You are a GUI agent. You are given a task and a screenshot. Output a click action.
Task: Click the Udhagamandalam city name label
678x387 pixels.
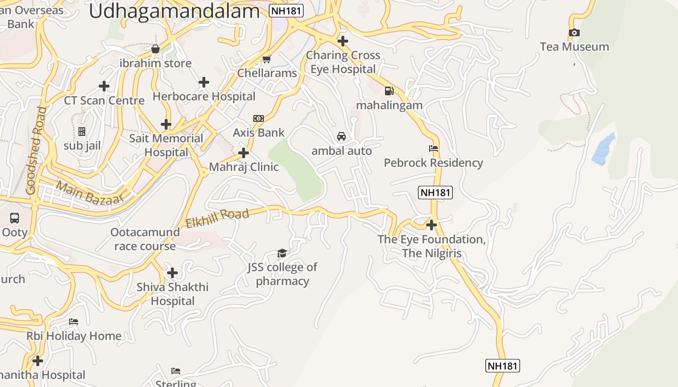174,11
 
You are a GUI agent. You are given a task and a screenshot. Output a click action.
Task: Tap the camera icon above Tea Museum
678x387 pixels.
574,33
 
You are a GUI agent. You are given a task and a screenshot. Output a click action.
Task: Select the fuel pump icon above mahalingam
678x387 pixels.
389,91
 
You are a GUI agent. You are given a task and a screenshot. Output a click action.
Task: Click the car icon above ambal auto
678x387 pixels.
341,136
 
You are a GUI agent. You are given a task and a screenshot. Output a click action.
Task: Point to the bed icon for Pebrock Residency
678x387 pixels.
433,149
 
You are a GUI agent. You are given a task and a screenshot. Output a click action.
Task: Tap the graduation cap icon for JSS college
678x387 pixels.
282,253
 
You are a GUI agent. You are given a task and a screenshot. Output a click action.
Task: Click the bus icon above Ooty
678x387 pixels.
15,218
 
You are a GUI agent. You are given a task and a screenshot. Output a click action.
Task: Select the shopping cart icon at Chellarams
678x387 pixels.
266,59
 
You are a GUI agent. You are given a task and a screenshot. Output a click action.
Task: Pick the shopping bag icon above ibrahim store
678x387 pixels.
155,49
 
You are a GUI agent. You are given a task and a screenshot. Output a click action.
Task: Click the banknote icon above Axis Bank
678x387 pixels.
259,119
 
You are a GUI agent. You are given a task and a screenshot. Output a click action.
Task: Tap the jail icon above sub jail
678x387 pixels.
82,132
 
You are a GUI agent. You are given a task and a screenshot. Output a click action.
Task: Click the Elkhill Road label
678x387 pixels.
217,218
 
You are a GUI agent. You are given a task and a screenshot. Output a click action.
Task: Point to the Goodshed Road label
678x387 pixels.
37,151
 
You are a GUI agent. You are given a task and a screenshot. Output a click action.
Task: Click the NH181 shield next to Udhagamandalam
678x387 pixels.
286,11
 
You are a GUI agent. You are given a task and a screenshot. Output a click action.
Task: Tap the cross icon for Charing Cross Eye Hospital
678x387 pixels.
343,41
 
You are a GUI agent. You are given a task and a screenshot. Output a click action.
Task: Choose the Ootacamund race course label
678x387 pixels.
145,239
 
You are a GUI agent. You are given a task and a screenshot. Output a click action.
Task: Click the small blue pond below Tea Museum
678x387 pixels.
603,149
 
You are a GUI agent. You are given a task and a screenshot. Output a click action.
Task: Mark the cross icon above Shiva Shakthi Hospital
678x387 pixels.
172,273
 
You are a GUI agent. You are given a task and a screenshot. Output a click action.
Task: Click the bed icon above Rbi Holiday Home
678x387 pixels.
74,322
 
